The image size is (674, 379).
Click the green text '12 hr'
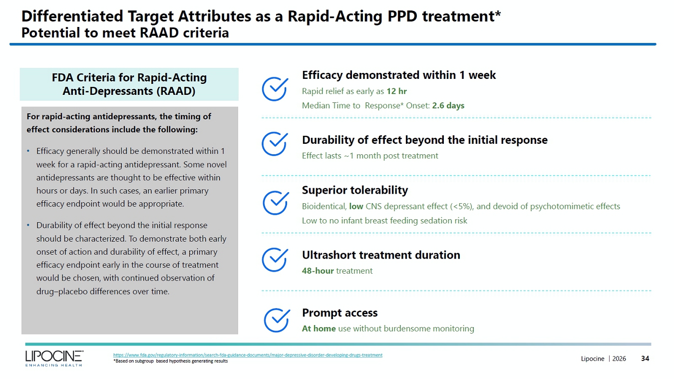coord(396,91)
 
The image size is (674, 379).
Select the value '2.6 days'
coord(448,106)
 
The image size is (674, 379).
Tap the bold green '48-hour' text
coord(318,271)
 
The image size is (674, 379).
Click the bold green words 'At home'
coord(319,329)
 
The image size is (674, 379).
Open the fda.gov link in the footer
coord(248,355)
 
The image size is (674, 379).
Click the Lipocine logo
coord(54,358)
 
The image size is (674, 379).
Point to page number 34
coord(645,359)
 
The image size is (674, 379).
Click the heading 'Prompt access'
coord(339,313)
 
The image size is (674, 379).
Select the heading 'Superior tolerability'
coord(355,190)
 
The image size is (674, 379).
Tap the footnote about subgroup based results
coord(170,361)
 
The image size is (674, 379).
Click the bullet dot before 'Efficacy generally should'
coord(28,151)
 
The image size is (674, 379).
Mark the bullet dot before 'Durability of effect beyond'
coord(28,225)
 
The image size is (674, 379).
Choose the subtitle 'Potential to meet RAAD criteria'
coord(125,33)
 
